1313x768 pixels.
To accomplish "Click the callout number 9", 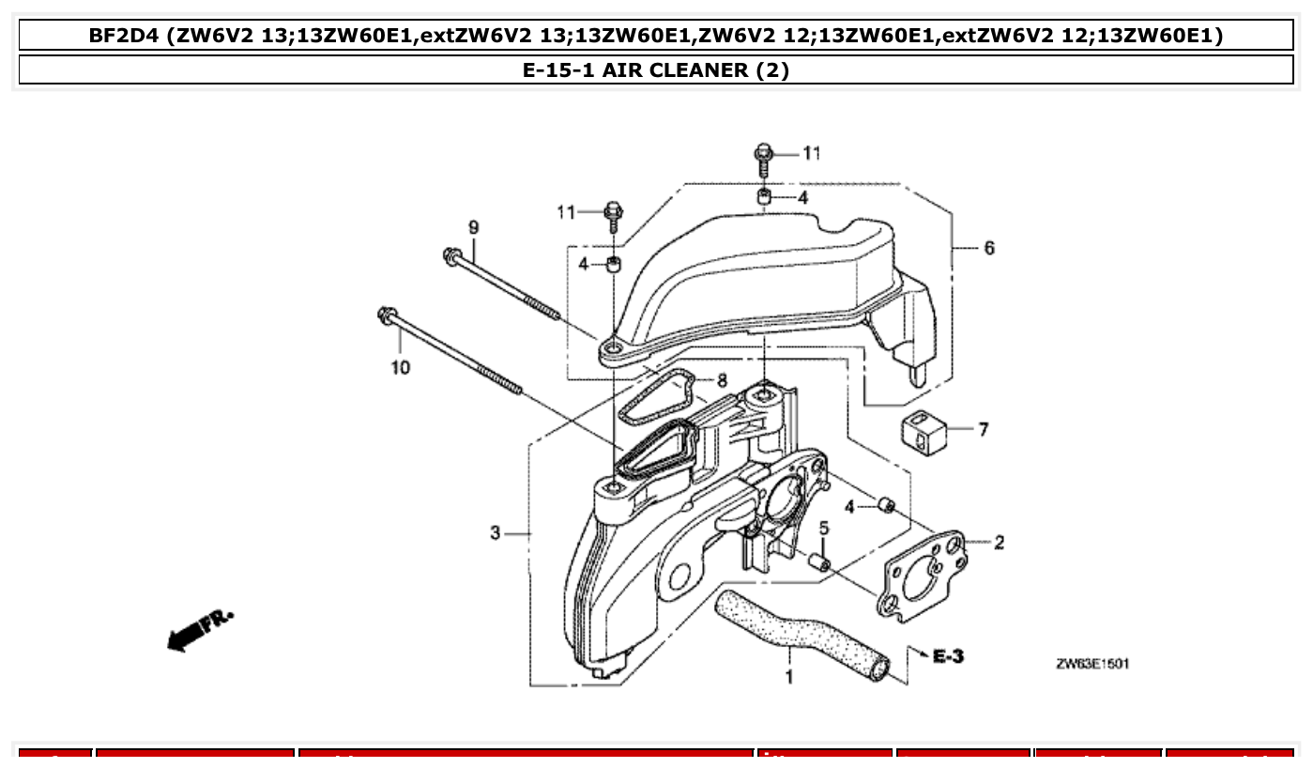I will tap(474, 227).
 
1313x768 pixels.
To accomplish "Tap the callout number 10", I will tap(401, 367).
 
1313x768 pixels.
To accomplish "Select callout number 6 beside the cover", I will tap(988, 248).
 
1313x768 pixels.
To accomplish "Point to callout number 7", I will tap(983, 430).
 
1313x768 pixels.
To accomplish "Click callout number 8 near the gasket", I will tap(721, 380).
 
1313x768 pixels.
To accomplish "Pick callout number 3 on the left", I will tap(496, 533).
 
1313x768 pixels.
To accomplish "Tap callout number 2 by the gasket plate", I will tap(999, 542).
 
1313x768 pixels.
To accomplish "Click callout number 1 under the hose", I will tap(789, 676).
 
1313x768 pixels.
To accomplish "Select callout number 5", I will tap(823, 530).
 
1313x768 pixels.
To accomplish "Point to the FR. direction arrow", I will tap(199, 630).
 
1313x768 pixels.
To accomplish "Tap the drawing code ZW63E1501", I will tap(1092, 664).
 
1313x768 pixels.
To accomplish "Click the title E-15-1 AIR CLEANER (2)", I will tap(656, 70).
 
